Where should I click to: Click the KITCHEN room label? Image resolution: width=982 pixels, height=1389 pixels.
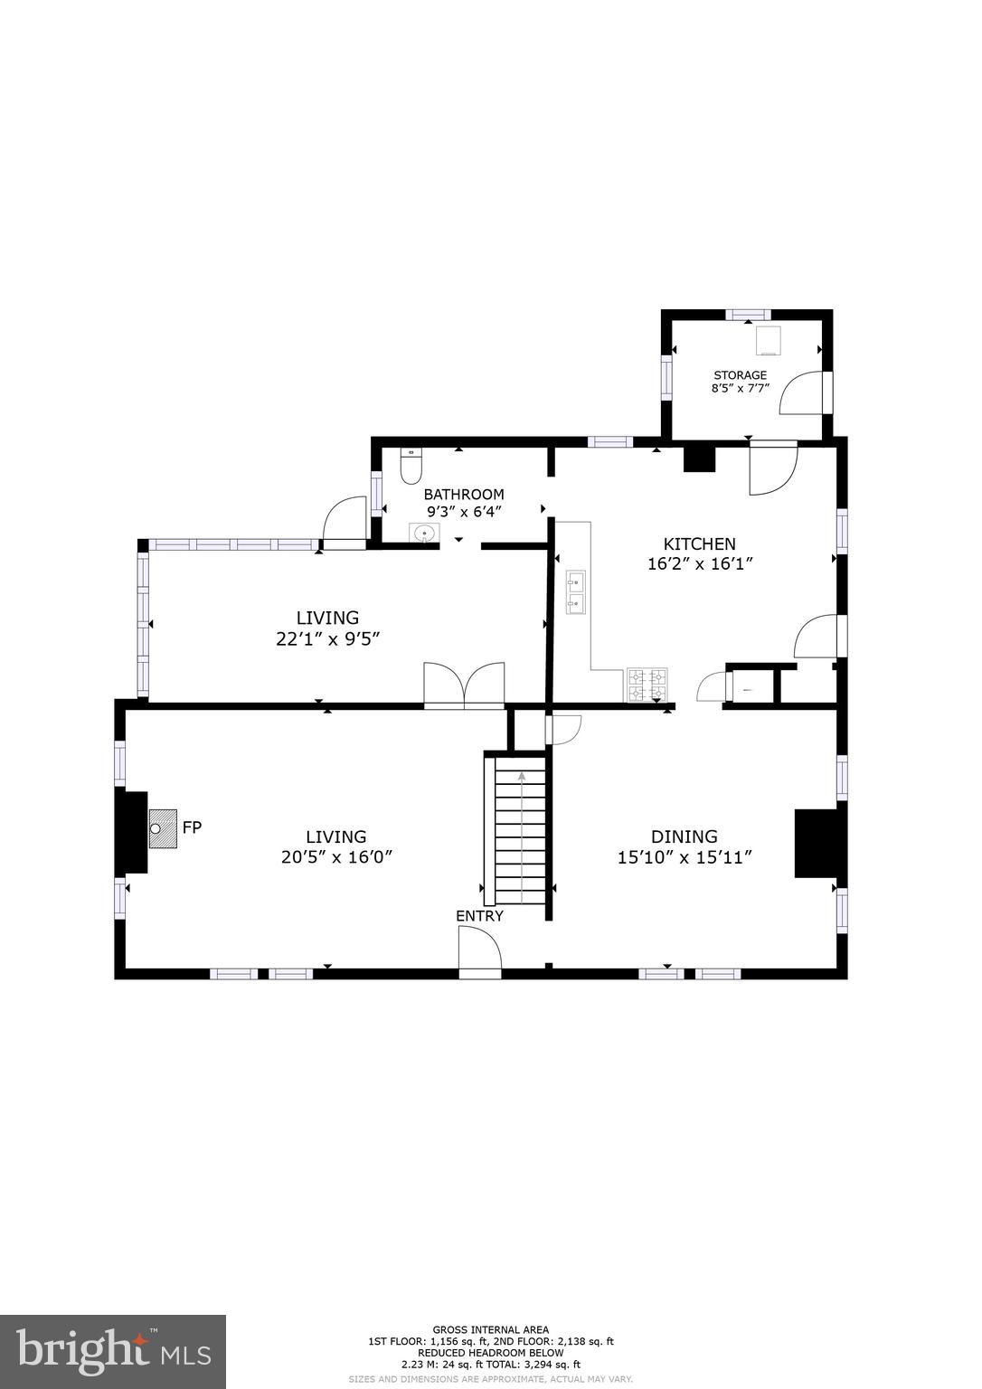pos(699,543)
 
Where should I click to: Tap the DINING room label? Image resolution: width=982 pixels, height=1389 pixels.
pos(684,836)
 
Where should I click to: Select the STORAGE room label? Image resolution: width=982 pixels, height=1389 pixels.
pos(740,375)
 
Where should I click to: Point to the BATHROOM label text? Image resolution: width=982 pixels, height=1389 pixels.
pos(464,495)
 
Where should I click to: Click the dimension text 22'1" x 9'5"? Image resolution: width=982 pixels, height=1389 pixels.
pos(327,638)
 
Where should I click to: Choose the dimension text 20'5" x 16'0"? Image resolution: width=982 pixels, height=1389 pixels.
pos(335,857)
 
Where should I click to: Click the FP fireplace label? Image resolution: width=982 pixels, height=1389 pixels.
pos(192,827)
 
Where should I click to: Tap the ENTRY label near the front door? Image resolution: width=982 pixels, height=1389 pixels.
pos(479,916)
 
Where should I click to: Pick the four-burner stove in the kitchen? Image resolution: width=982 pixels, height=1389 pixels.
pos(647,685)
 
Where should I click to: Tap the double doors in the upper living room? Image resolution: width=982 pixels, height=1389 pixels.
pos(464,685)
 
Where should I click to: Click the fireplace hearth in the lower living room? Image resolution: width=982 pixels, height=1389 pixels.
pos(163,828)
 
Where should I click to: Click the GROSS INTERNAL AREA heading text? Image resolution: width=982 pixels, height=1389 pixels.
pos(490,1330)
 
